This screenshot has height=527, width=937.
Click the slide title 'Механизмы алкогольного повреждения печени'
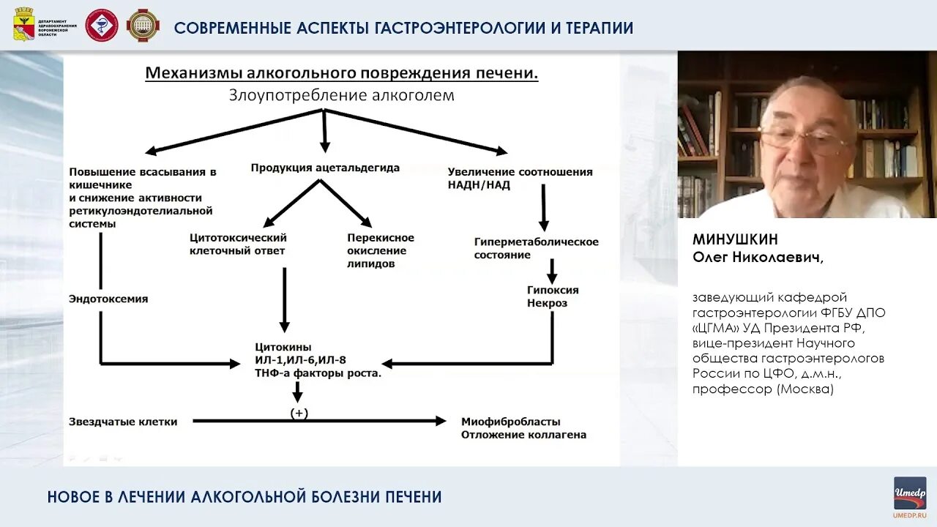[x=342, y=73]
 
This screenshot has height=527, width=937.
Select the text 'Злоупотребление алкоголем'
[x=341, y=95]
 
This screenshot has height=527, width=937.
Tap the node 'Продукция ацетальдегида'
[x=325, y=168]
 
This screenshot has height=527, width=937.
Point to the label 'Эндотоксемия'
[x=108, y=299]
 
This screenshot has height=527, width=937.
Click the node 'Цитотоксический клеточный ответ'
[x=238, y=244]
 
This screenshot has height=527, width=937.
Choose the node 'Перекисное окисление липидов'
[x=381, y=250]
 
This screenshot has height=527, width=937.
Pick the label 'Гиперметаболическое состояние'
[x=536, y=248]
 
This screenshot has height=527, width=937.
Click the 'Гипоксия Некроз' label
[x=553, y=296]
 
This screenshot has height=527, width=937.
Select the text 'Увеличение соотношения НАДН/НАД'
[x=520, y=179]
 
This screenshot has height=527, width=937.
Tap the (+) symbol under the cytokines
[x=299, y=414]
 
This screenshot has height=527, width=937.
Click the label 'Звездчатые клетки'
[x=123, y=422]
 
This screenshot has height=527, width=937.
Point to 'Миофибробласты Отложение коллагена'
[x=523, y=428]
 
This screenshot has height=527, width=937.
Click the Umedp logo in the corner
[x=910, y=493]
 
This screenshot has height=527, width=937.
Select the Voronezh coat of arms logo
[x=24, y=26]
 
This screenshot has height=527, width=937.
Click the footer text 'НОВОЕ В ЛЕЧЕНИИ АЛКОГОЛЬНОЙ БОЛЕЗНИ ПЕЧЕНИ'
[x=244, y=497]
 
